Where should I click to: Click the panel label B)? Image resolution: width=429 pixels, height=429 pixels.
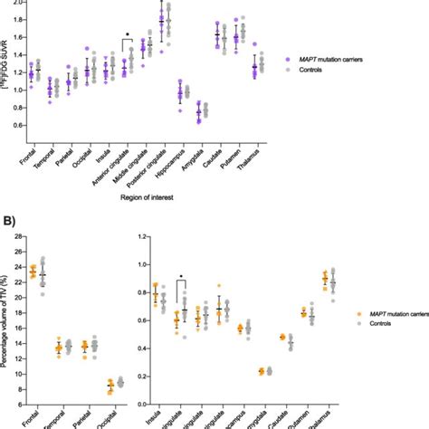(x=8, y=219)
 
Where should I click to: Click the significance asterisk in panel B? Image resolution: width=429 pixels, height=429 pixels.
(x=181, y=276)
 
